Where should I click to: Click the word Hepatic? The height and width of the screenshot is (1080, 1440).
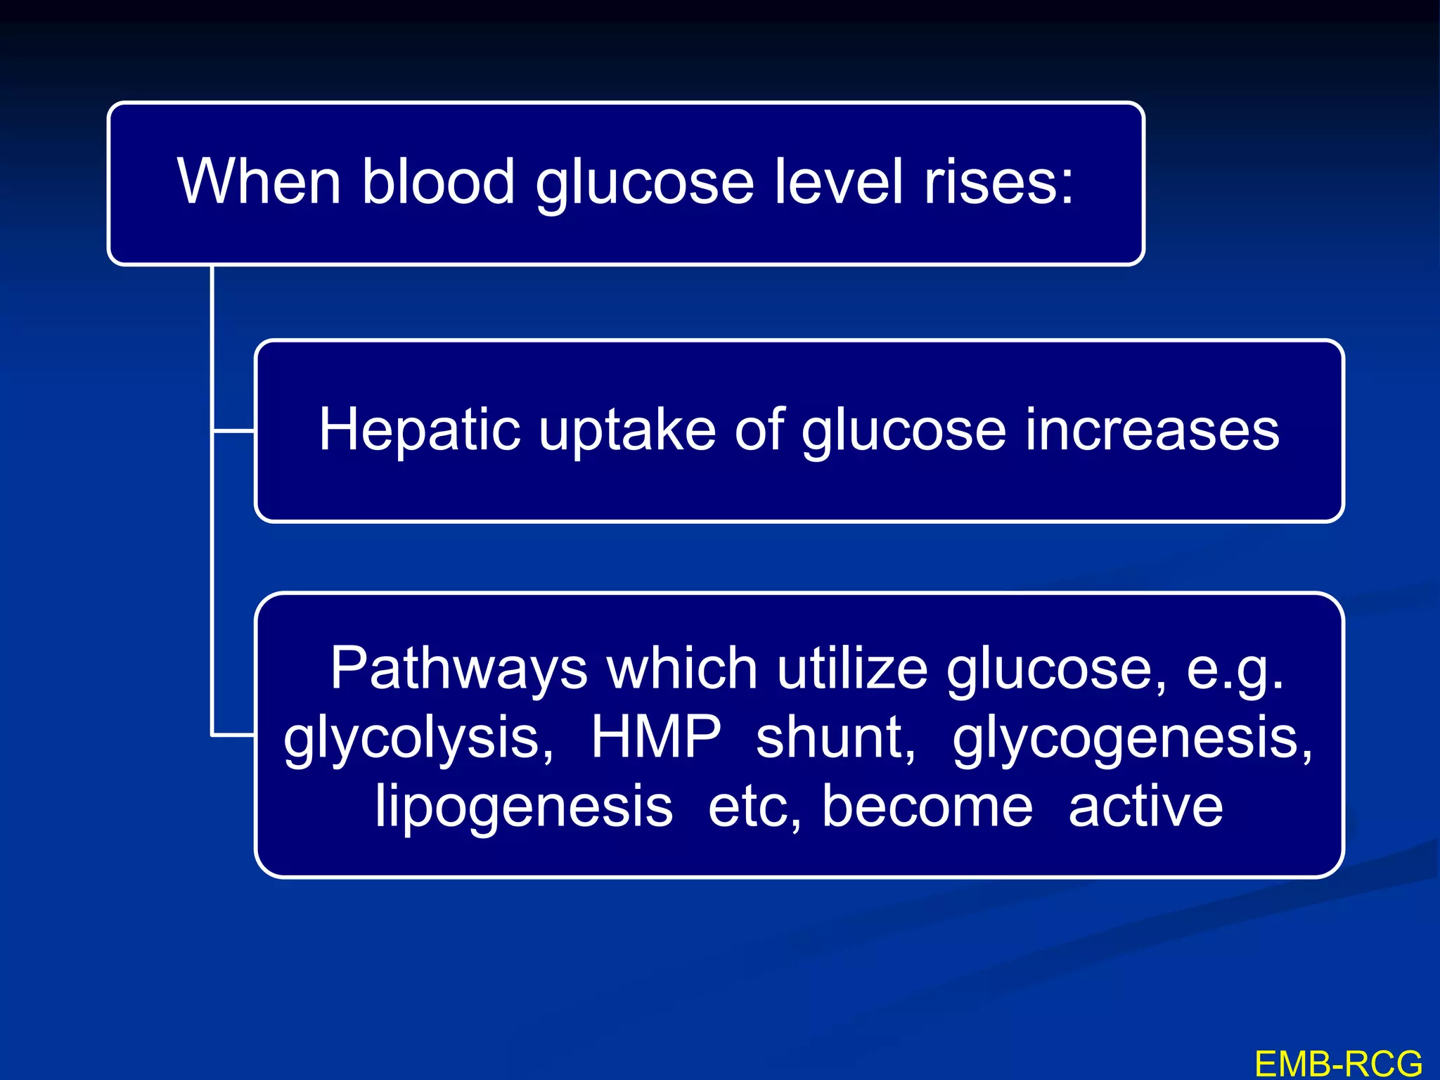coord(420,430)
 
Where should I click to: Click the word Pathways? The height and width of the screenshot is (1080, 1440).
coord(458,669)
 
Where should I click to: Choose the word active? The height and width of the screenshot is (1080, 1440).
coord(1145,806)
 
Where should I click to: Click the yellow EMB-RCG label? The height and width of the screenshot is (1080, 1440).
coord(1338,1064)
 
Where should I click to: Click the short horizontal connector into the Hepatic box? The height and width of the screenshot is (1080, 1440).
coord(233,430)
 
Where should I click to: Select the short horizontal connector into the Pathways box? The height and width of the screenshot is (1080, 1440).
coord(233,735)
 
